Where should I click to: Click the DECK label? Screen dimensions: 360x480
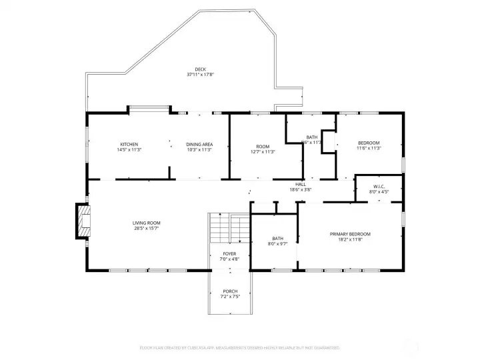[x=200, y=69]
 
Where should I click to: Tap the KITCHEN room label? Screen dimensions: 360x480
[x=129, y=145]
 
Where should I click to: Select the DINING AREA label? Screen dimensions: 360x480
[x=199, y=145]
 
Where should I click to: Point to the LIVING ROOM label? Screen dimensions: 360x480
[x=146, y=223]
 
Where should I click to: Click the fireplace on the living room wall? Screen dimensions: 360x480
[x=83, y=221]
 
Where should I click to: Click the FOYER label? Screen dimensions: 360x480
[x=230, y=254]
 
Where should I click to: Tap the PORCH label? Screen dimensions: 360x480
[x=230, y=291]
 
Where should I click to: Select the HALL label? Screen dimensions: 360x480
[x=301, y=184]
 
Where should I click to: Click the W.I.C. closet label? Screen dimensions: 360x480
[x=379, y=187]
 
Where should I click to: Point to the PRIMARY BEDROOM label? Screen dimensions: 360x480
[x=350, y=234]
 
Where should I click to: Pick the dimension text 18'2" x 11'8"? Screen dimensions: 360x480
[x=350, y=240]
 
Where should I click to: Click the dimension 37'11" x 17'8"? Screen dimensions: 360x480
[x=200, y=75]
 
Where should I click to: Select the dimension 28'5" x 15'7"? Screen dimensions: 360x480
[x=146, y=229]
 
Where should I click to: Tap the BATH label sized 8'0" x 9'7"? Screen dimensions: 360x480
[x=278, y=239]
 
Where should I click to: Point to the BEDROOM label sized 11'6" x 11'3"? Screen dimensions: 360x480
[x=369, y=143]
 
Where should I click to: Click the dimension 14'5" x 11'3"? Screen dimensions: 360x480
[x=129, y=150]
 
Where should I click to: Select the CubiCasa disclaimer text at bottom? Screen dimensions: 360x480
[x=239, y=347]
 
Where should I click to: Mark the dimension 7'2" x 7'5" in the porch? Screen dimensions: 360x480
[x=230, y=297]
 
